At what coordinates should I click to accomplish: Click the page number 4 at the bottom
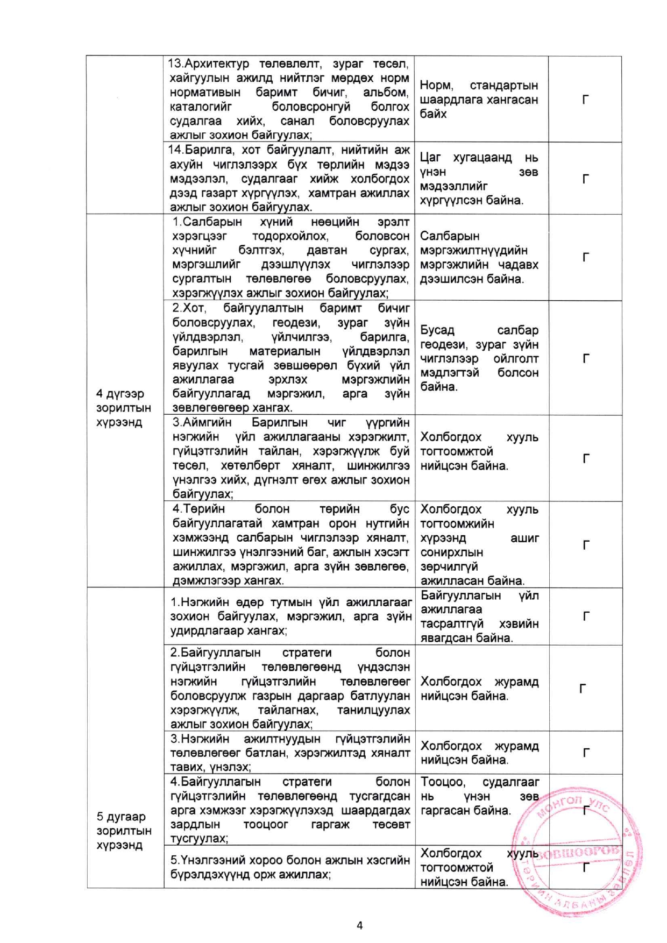pyautogui.click(x=359, y=925)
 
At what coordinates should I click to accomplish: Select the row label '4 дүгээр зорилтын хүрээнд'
pyautogui.click(x=123, y=408)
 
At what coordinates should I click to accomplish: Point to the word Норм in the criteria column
pyautogui.click(x=436, y=86)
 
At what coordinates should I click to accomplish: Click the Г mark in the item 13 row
pyautogui.click(x=585, y=100)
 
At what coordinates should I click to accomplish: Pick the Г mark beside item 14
pyautogui.click(x=585, y=179)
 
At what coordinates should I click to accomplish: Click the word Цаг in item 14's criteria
pyautogui.click(x=430, y=158)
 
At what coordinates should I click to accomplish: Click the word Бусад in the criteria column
pyautogui.click(x=437, y=330)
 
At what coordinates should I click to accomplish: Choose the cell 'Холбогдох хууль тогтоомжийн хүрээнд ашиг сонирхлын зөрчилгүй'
pyautogui.click(x=479, y=544)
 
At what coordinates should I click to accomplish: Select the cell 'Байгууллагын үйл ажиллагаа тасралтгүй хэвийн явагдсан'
pyautogui.click(x=479, y=616)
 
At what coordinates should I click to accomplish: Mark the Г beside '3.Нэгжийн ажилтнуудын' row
pyautogui.click(x=585, y=753)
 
